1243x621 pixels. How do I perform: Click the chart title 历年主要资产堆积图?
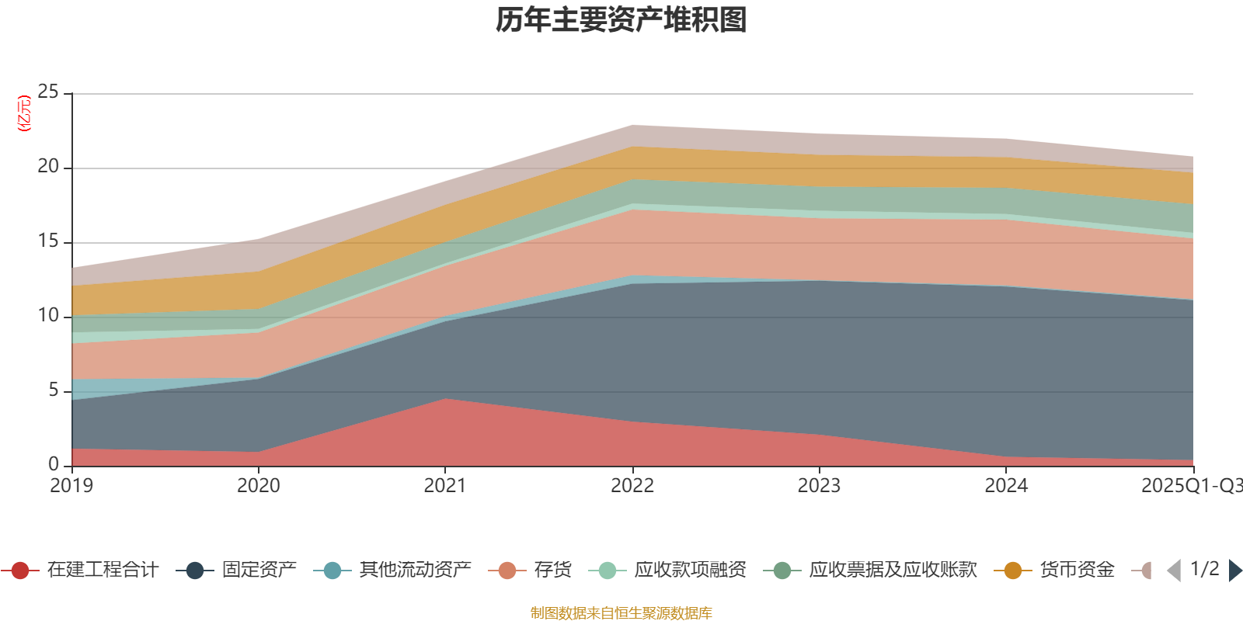pyautogui.click(x=621, y=20)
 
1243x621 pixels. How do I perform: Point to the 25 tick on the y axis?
pyautogui.click(x=48, y=92)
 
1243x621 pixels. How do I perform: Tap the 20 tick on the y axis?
pyautogui.click(x=48, y=167)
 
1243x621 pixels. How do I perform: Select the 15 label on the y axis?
pyautogui.click(x=48, y=241)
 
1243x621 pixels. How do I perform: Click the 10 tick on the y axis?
pyautogui.click(x=48, y=316)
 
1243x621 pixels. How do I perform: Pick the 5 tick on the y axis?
pyautogui.click(x=53, y=390)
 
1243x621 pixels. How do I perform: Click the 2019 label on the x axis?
pyautogui.click(x=71, y=486)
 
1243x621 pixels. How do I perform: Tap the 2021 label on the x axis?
pyautogui.click(x=444, y=486)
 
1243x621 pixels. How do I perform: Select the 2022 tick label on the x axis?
pyautogui.click(x=632, y=486)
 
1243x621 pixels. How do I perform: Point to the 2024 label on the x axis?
pyautogui.click(x=1006, y=486)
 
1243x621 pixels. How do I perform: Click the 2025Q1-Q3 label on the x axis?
pyautogui.click(x=1190, y=486)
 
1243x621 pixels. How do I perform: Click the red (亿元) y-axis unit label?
pyautogui.click(x=24, y=113)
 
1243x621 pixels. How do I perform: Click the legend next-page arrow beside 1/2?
pyautogui.click(x=1234, y=571)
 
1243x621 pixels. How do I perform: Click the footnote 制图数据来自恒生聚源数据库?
pyautogui.click(x=621, y=613)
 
